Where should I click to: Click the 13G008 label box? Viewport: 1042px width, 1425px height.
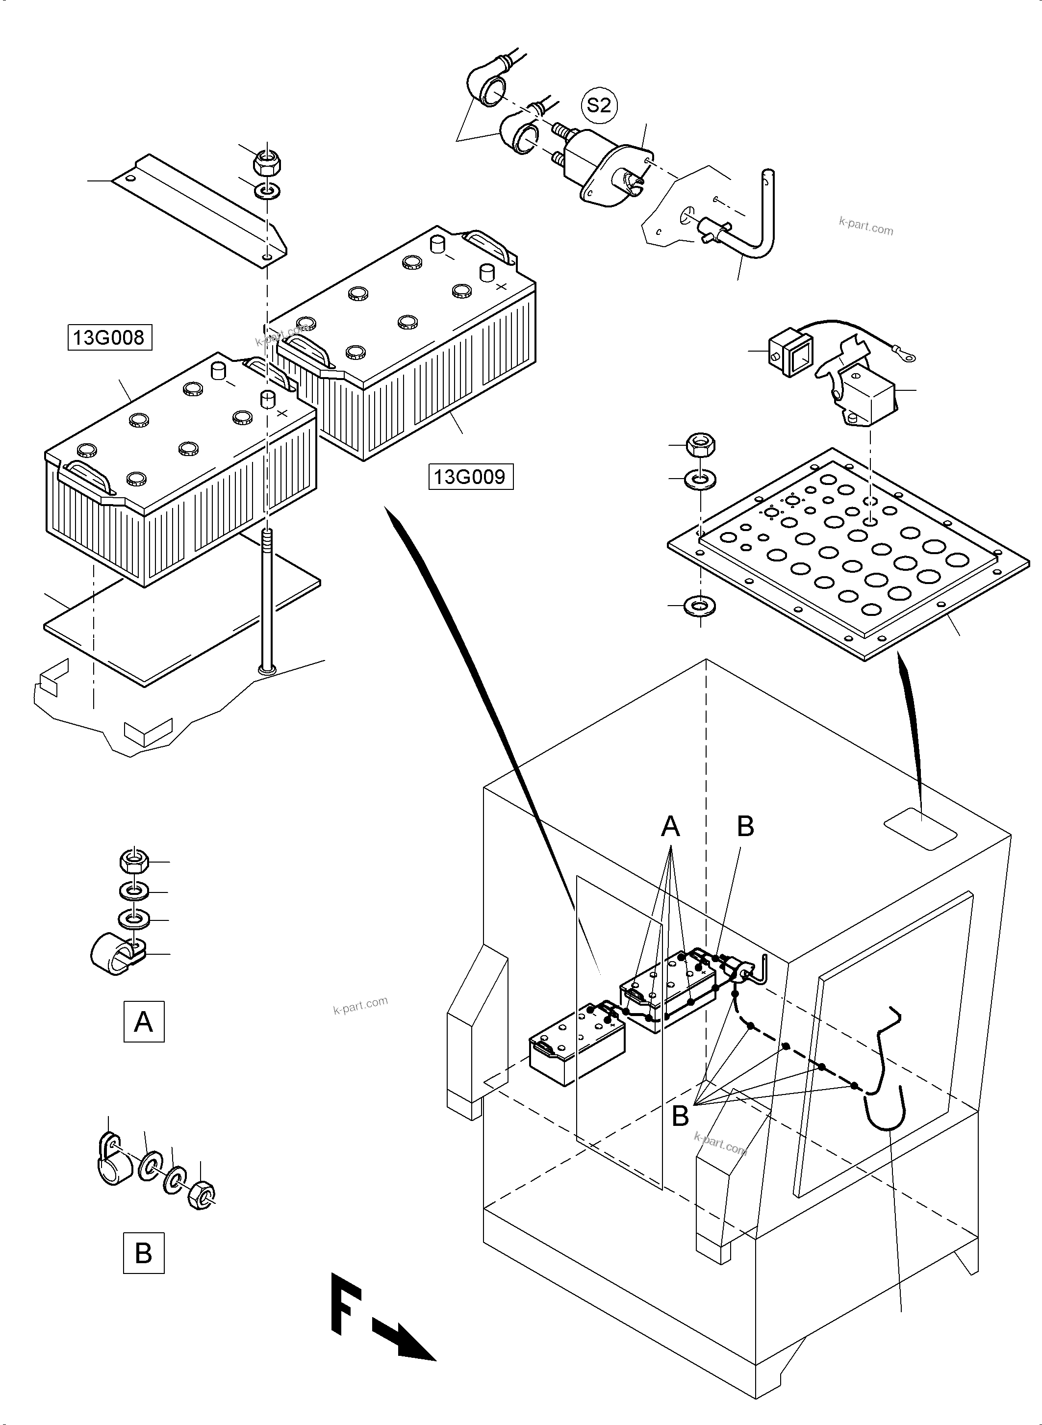pyautogui.click(x=110, y=337)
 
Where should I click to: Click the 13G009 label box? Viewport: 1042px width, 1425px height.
pyautogui.click(x=471, y=476)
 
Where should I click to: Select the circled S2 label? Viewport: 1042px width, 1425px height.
pyautogui.click(x=599, y=105)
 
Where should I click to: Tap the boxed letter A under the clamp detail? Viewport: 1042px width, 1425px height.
pyautogui.click(x=144, y=1020)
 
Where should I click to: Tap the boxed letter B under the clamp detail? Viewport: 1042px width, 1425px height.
pyautogui.click(x=143, y=1252)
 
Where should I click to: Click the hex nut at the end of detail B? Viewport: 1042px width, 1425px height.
pyautogui.click(x=201, y=1194)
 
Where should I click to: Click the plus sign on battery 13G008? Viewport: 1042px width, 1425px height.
pyautogui.click(x=282, y=413)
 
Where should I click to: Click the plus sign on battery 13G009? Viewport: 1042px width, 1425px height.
pyautogui.click(x=502, y=287)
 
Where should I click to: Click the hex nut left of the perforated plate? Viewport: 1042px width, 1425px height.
pyautogui.click(x=700, y=445)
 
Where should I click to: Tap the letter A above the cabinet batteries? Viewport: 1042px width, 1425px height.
pyautogui.click(x=670, y=826)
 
